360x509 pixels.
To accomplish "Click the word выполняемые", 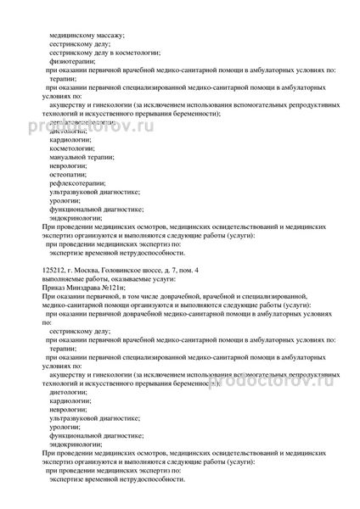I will click(x=61, y=277).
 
